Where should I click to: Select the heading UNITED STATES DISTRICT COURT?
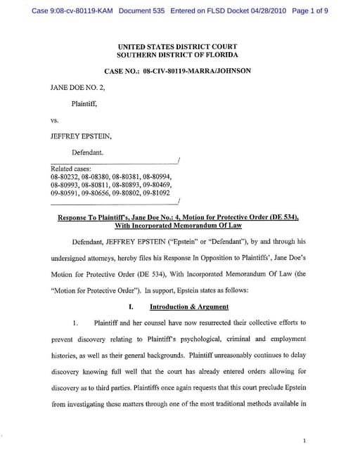[177, 46]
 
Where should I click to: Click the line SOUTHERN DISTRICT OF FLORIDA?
[177, 55]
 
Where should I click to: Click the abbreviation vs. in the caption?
[56, 119]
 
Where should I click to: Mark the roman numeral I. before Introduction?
[130, 306]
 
